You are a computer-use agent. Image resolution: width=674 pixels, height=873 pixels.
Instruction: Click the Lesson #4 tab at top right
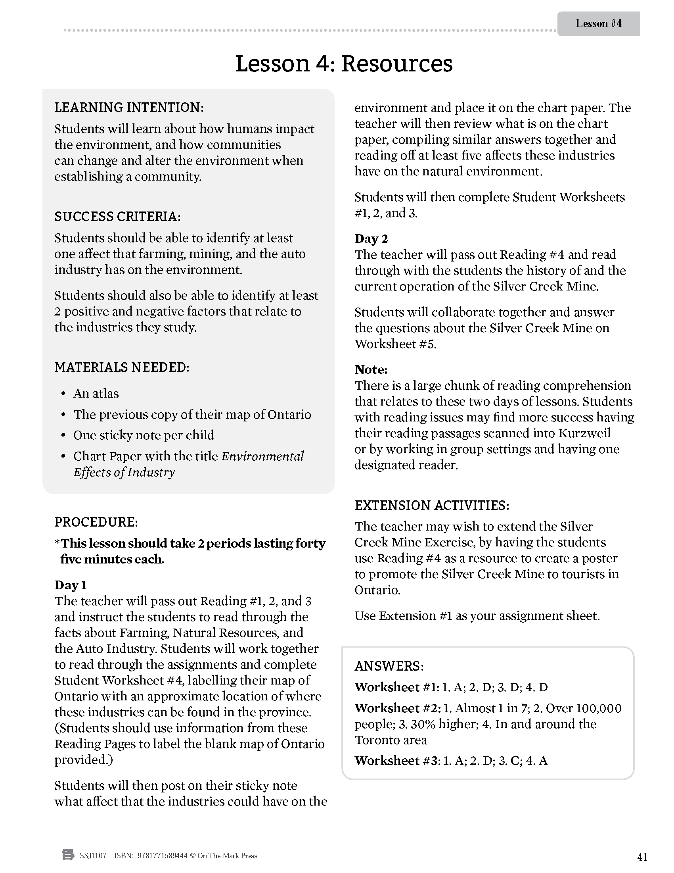coord(598,23)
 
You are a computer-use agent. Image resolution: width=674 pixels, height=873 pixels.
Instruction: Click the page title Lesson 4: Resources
coord(344,63)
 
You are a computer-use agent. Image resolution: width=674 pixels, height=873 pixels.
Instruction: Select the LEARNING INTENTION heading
coord(129,108)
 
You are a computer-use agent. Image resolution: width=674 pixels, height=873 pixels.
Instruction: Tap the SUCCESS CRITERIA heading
coord(117,217)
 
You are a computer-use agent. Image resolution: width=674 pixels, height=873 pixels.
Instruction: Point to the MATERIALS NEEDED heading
coord(122,367)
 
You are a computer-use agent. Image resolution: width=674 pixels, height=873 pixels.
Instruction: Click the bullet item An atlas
coord(96,394)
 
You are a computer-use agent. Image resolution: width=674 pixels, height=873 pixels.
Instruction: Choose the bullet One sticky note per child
coord(144,435)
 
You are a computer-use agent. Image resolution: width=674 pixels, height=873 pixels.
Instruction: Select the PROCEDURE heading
coord(96,522)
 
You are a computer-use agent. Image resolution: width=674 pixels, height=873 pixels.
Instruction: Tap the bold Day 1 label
coord(71,585)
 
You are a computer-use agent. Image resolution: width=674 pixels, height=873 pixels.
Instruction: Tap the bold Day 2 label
coord(371,238)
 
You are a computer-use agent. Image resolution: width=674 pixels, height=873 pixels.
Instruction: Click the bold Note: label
coord(371,369)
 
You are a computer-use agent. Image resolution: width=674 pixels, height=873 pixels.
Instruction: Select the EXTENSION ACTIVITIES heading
coord(432,505)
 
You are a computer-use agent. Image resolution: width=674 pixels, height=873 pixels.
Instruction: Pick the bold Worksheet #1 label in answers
coord(396,687)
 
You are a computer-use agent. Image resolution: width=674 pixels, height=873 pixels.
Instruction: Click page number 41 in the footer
coord(642,857)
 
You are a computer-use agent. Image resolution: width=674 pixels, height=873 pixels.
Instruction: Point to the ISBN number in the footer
coord(162,856)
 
